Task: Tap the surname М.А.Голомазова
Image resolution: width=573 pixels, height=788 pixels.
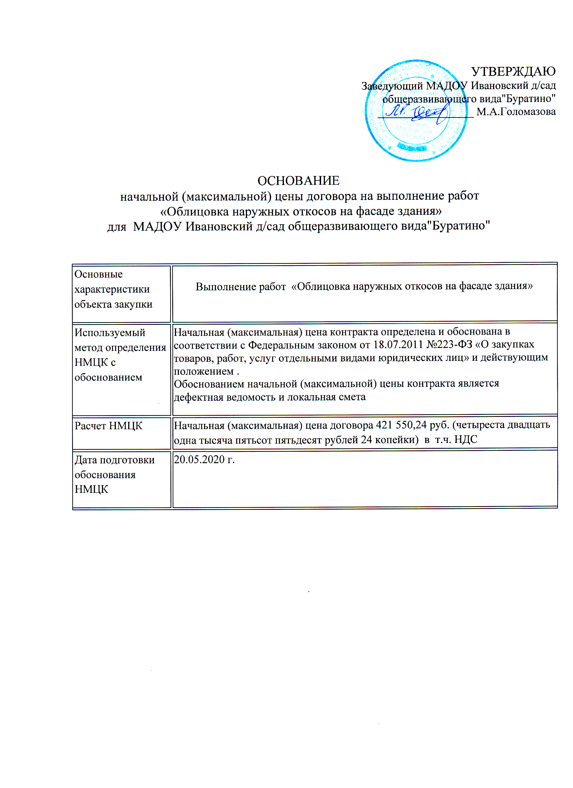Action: (x=516, y=112)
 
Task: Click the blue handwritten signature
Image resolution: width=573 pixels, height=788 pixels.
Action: (x=417, y=113)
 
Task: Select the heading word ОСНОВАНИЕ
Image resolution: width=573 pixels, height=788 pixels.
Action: (x=298, y=181)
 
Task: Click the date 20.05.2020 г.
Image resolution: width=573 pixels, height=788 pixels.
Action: (x=204, y=460)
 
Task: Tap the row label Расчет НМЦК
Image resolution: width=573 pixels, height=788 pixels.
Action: (x=108, y=426)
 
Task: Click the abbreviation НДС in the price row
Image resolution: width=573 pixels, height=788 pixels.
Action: (x=466, y=440)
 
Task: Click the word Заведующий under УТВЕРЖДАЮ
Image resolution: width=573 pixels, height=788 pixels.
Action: (x=392, y=86)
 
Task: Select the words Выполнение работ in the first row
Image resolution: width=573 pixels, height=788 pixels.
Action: (x=240, y=287)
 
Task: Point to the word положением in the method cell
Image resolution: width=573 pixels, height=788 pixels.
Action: (x=204, y=371)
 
